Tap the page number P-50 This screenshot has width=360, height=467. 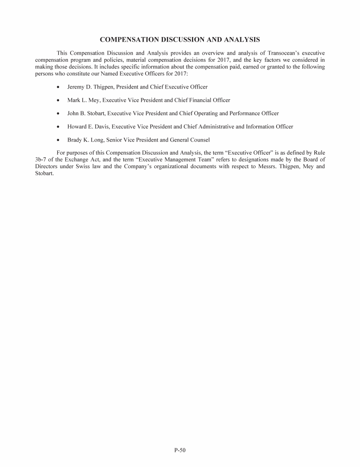pos(180,451)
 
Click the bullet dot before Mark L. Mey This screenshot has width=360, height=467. pos(58,100)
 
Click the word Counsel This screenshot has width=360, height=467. pos(199,140)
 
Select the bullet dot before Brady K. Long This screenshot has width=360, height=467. pos(58,140)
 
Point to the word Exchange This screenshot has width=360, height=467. pos(71,159)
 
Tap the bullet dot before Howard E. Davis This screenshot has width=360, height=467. pos(58,126)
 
